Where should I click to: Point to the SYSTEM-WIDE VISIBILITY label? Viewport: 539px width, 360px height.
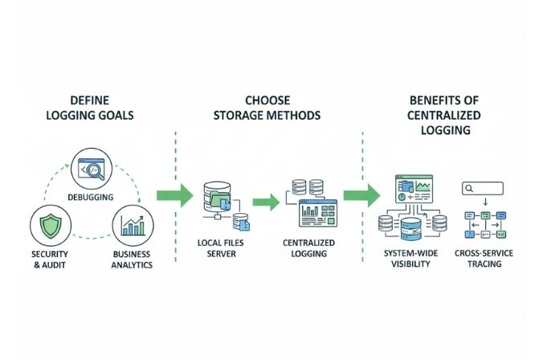click(x=410, y=259)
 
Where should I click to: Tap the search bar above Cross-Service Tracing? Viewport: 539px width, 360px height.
click(x=483, y=188)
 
